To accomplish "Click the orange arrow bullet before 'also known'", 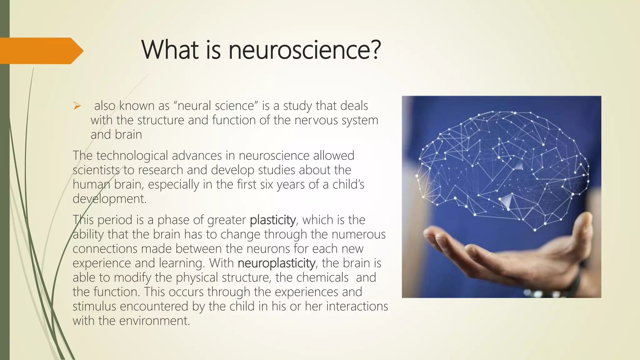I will (x=77, y=107).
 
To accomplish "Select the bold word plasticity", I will (x=273, y=220).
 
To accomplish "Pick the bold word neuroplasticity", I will (x=276, y=263).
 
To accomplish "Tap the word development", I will (x=109, y=199).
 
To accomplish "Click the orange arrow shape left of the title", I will (x=41, y=51).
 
